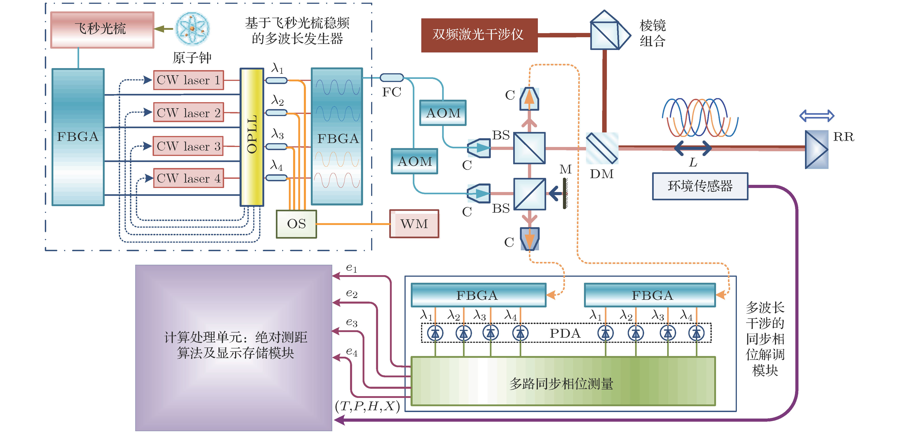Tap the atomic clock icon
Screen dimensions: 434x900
(192, 29)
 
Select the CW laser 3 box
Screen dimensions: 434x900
(188, 146)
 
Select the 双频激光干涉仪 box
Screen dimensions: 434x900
(479, 35)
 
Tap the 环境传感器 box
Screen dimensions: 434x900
(700, 186)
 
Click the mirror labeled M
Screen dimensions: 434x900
(565, 193)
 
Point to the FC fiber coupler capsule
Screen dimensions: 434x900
(391, 78)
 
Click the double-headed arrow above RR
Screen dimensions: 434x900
(816, 116)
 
